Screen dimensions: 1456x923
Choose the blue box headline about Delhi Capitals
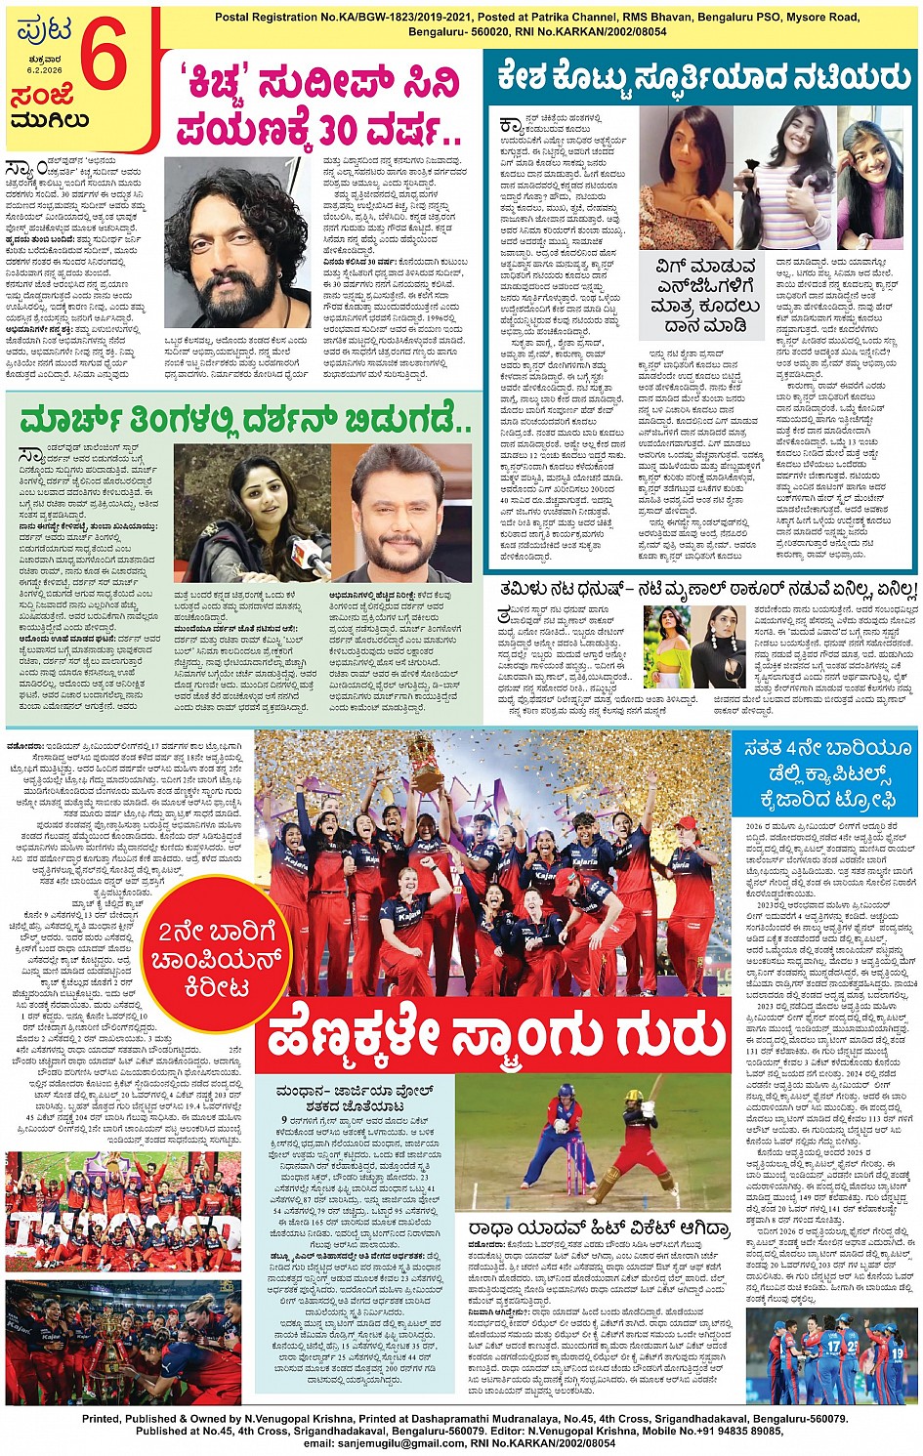[825, 774]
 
